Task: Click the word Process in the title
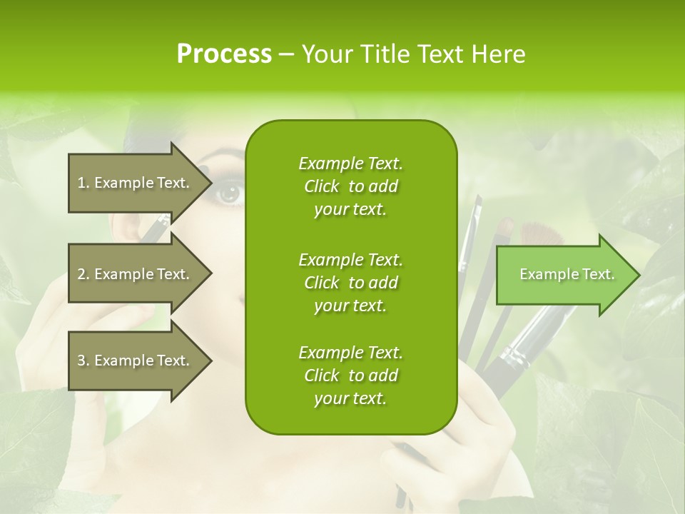(224, 54)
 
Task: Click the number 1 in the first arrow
(81, 183)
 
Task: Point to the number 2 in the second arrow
(81, 274)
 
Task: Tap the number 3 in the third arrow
(81, 361)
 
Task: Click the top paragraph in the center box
(350, 186)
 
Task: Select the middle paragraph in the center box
(350, 283)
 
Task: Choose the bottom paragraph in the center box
(350, 376)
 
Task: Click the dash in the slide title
(286, 55)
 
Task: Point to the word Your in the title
(325, 54)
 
